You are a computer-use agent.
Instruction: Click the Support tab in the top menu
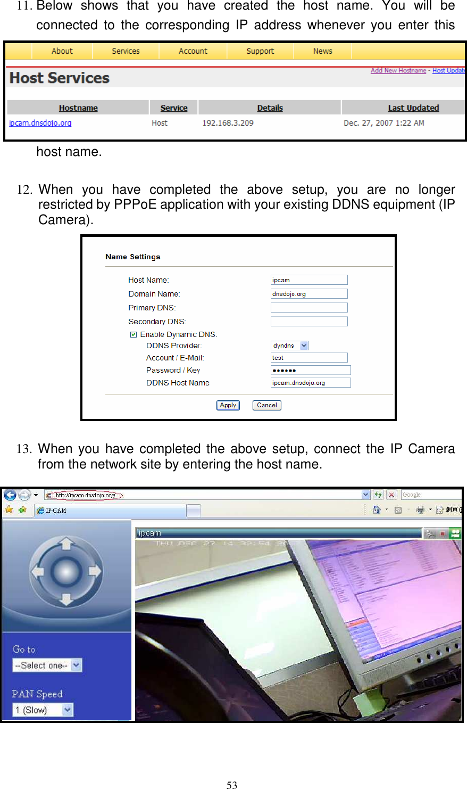(x=260, y=51)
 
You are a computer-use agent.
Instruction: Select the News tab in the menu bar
(x=322, y=51)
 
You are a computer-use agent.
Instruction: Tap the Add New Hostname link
(x=398, y=70)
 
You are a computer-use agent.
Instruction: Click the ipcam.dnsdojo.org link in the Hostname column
(x=40, y=123)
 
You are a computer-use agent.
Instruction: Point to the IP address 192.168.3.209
(x=228, y=123)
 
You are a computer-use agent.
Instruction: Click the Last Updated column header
(x=413, y=108)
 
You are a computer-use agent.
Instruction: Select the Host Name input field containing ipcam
(x=309, y=280)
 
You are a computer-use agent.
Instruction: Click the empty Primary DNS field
(x=309, y=308)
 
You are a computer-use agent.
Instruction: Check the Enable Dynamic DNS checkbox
(x=134, y=334)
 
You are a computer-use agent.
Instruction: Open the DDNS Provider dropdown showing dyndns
(x=290, y=346)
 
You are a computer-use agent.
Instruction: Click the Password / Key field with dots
(x=311, y=370)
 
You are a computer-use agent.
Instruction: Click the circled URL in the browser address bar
(x=86, y=495)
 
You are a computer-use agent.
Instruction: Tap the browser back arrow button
(x=10, y=495)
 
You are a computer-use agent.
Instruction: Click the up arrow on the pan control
(x=66, y=544)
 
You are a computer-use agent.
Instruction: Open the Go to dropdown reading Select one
(x=47, y=665)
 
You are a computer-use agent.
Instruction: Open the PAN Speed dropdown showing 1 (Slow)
(x=43, y=710)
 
